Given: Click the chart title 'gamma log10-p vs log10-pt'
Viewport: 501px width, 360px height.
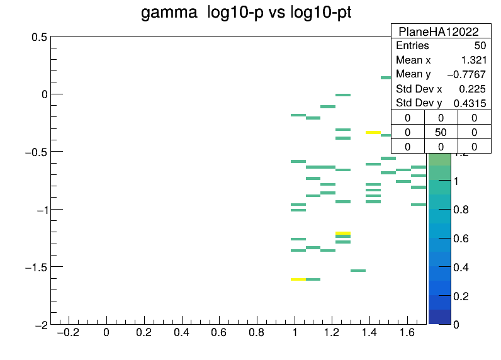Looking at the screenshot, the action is (x=246, y=13).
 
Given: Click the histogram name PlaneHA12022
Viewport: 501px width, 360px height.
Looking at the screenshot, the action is (x=439, y=31).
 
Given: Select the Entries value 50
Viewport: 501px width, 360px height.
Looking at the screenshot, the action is (x=480, y=46).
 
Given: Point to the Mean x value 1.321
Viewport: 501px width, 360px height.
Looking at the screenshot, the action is (x=474, y=60).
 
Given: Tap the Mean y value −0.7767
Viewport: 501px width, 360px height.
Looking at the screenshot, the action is (x=466, y=74).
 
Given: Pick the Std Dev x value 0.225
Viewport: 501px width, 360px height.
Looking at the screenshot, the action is (x=472, y=89).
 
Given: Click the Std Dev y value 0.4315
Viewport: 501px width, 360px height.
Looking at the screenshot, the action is (x=470, y=103).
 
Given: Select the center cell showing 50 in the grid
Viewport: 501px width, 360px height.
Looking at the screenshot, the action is (x=441, y=132).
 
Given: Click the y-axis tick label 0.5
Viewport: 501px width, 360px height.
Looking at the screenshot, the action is (x=39, y=37).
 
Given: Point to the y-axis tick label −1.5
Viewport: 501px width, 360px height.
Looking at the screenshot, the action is (x=36, y=267).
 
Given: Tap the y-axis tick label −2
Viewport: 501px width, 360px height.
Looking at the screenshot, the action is (x=42, y=325).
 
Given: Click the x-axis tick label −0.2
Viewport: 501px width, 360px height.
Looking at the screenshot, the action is (x=68, y=333).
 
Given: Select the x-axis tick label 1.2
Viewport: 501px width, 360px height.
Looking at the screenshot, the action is (x=332, y=333).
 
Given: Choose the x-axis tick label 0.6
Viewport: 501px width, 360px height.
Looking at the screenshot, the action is (x=219, y=333).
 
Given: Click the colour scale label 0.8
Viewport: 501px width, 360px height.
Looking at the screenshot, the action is (x=461, y=210).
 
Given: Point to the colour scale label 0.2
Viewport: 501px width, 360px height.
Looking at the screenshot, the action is (x=461, y=296).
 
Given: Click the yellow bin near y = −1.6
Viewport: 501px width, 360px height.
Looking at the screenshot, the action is (x=298, y=279).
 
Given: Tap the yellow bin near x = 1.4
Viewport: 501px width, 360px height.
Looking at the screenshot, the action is (x=373, y=132).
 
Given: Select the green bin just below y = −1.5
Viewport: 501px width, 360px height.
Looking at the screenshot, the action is (x=358, y=271).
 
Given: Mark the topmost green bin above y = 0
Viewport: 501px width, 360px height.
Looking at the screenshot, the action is (x=386, y=77).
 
